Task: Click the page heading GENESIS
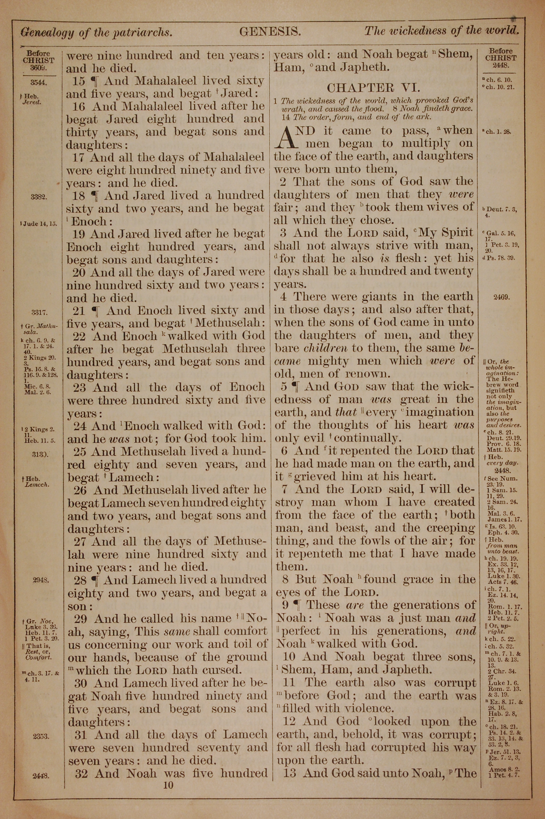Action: coord(270,32)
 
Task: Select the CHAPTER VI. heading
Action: coord(374,87)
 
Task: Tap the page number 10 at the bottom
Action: coord(168,785)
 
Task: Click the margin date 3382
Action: coord(39,197)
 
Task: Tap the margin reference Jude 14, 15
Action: coord(39,224)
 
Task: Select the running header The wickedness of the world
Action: coord(441,31)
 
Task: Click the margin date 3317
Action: coord(39,312)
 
